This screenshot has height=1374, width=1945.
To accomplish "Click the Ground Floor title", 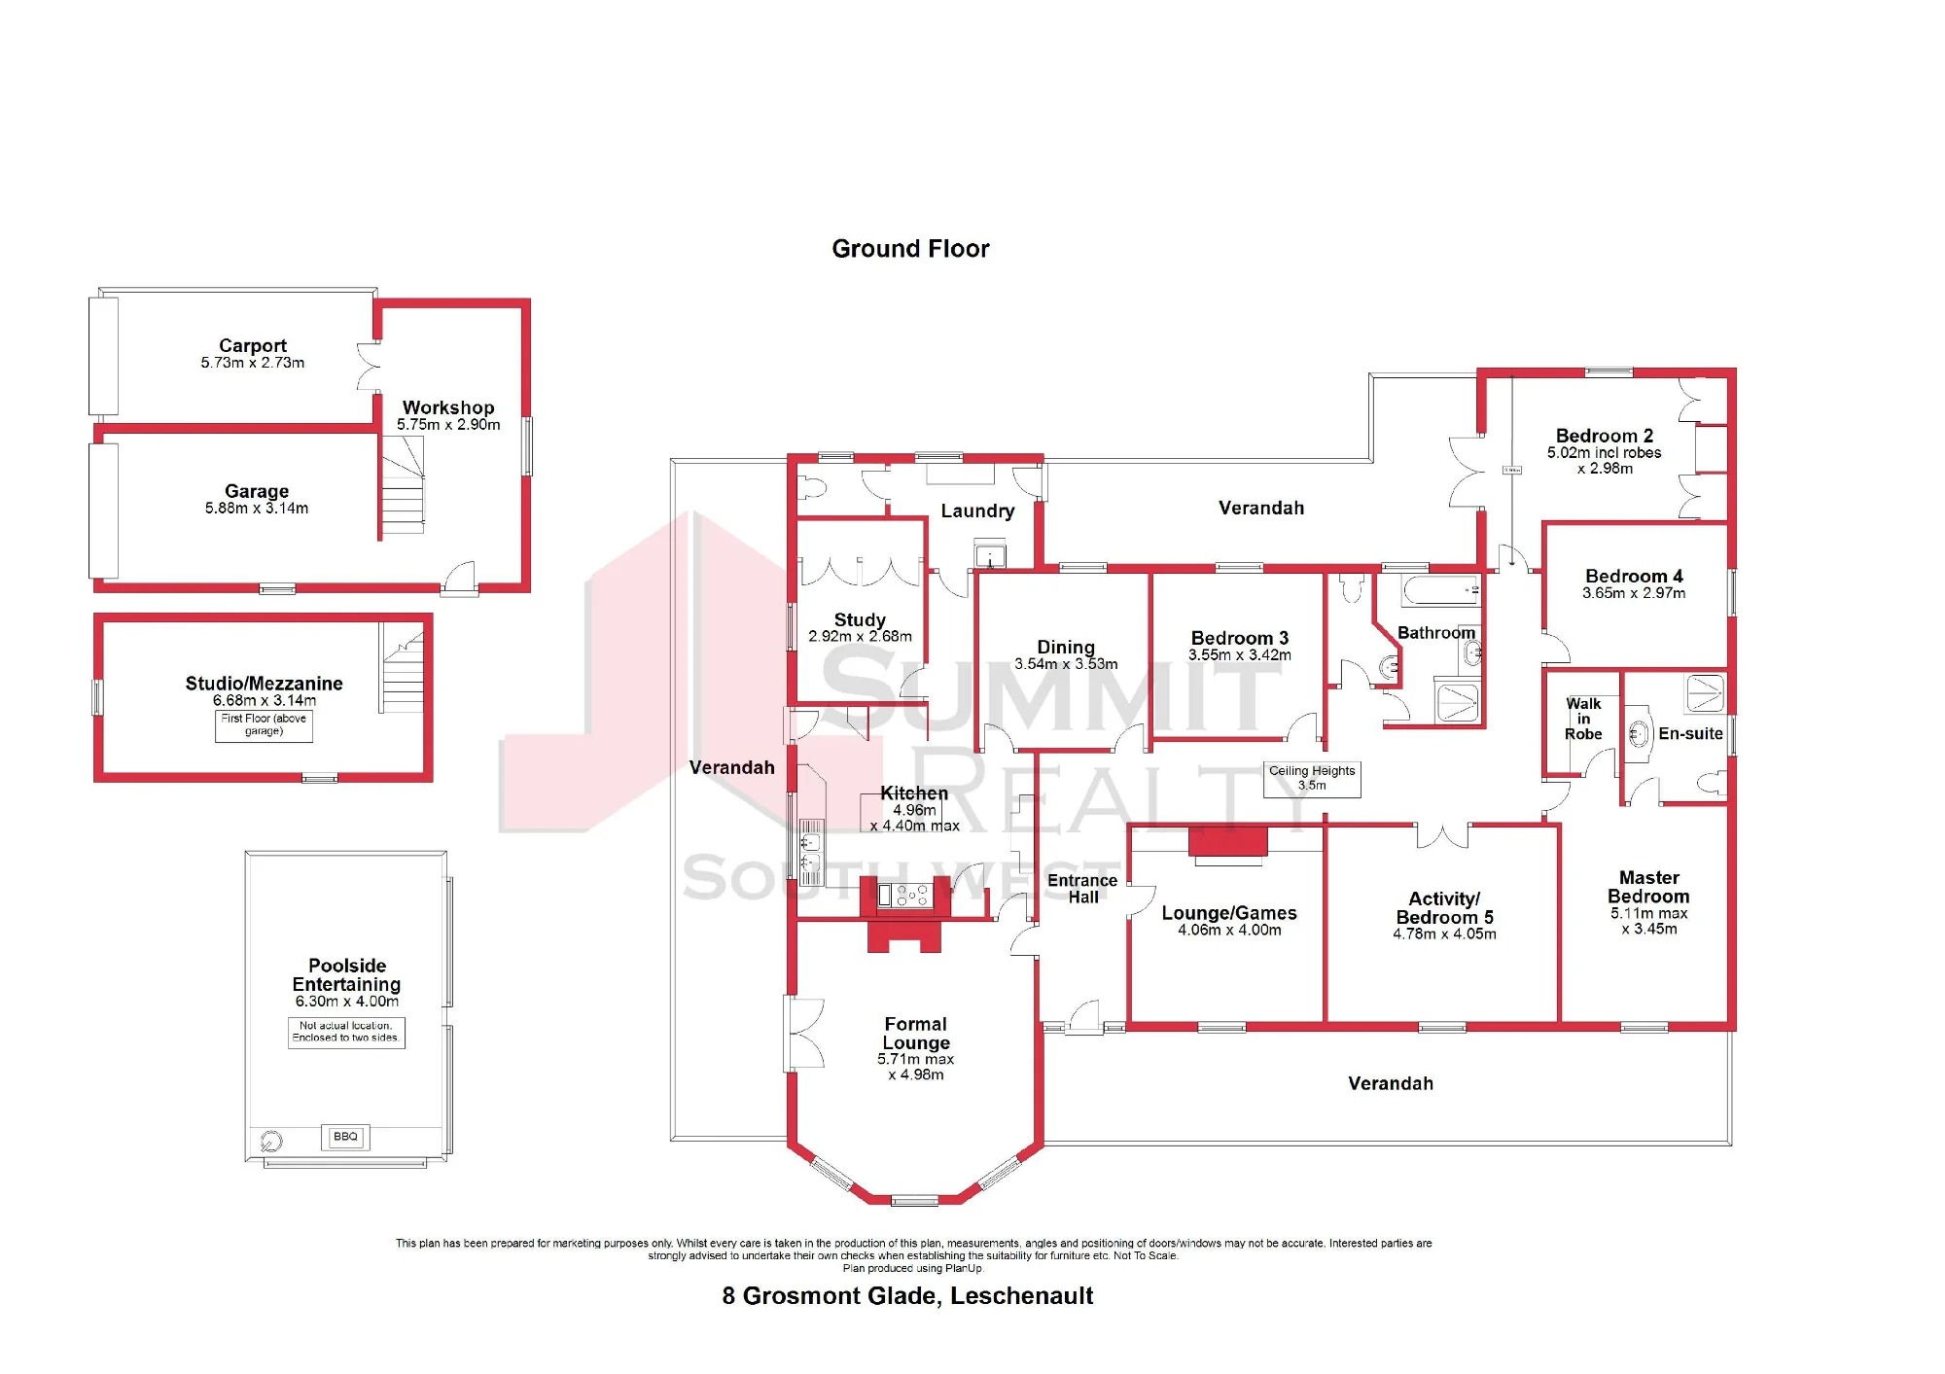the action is click(x=910, y=249).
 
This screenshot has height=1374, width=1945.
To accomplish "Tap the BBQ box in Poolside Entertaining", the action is click(x=345, y=1137).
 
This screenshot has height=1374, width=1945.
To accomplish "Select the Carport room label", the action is click(x=253, y=345).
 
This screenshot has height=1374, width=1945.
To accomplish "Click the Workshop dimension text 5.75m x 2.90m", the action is click(x=448, y=425).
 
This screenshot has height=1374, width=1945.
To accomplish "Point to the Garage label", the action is click(x=257, y=491).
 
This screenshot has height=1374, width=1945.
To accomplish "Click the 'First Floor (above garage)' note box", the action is click(x=264, y=725).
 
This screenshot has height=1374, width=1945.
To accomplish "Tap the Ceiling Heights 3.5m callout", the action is click(x=1312, y=779).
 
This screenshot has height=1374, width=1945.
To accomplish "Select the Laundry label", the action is click(x=977, y=511).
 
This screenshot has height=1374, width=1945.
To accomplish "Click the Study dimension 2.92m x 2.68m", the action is click(x=860, y=637).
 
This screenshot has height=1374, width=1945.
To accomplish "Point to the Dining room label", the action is click(x=1066, y=647).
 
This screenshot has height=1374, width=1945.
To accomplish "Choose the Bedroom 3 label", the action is click(x=1240, y=638).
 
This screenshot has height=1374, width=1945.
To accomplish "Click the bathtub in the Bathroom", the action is click(x=1441, y=589).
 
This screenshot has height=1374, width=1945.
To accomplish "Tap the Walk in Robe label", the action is click(x=1583, y=719).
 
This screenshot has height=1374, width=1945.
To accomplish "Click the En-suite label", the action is click(x=1690, y=734).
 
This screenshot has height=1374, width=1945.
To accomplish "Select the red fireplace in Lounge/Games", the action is click(x=1228, y=843).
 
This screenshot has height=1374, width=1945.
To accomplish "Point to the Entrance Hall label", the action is click(x=1082, y=889).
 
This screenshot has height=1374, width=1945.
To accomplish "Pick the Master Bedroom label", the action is click(x=1648, y=887).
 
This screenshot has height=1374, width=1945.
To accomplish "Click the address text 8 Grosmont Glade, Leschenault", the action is click(x=907, y=1296).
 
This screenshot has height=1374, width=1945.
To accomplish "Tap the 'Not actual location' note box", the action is click(x=346, y=1032).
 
